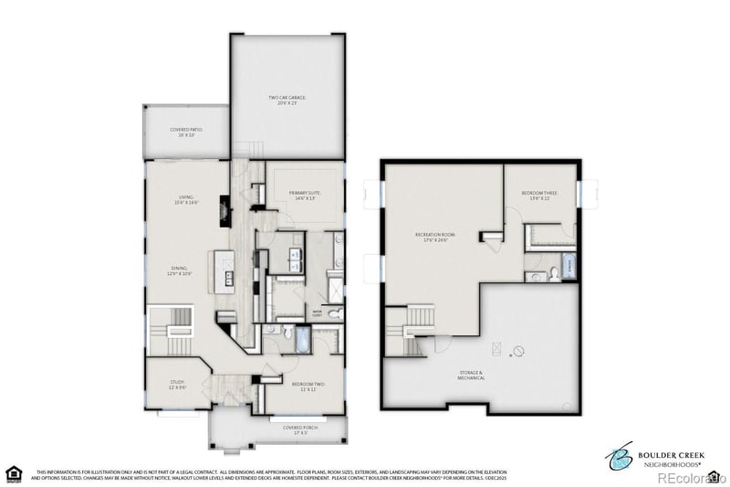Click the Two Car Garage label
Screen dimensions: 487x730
(x=287, y=100)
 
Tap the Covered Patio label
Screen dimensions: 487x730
(x=186, y=132)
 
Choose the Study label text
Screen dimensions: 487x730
(x=177, y=386)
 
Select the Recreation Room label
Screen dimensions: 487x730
(x=435, y=238)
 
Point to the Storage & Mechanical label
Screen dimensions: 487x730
(x=471, y=376)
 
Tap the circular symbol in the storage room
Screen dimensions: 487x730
(x=518, y=351)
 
